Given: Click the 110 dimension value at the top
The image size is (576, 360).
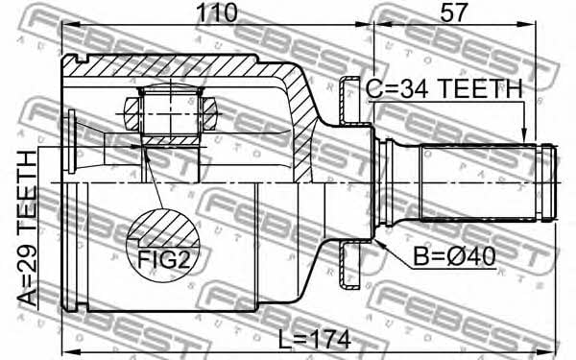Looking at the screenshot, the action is click(x=217, y=12).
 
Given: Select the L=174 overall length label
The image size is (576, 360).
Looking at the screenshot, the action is click(x=314, y=340).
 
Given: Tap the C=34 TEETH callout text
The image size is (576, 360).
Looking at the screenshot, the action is click(x=444, y=88).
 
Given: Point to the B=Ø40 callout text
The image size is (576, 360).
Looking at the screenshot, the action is click(x=454, y=256).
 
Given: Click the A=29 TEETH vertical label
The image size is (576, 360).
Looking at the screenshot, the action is click(x=28, y=228).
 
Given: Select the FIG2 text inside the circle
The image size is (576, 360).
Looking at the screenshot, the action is click(x=163, y=260).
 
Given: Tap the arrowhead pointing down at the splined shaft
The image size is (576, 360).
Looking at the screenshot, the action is click(x=524, y=135).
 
